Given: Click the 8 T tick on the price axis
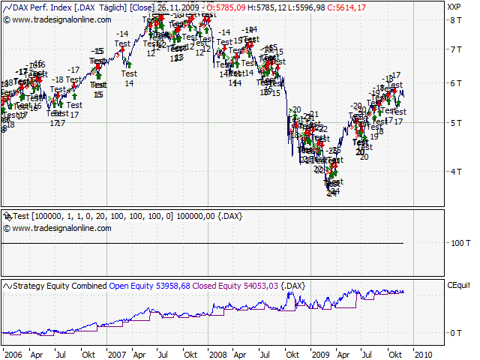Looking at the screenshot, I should [x=453, y=19].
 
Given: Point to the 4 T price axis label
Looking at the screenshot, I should [x=453, y=171].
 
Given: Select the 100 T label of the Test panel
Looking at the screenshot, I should [x=457, y=244].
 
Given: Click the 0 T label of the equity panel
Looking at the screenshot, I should [x=454, y=332].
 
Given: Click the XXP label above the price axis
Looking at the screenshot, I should [x=454, y=7].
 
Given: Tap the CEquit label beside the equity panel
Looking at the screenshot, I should [x=458, y=285].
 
